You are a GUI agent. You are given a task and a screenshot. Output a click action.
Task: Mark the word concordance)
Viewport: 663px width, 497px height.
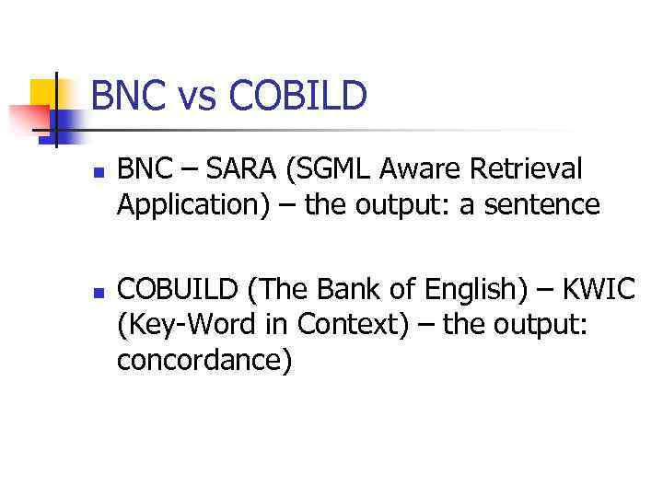[x=204, y=360]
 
